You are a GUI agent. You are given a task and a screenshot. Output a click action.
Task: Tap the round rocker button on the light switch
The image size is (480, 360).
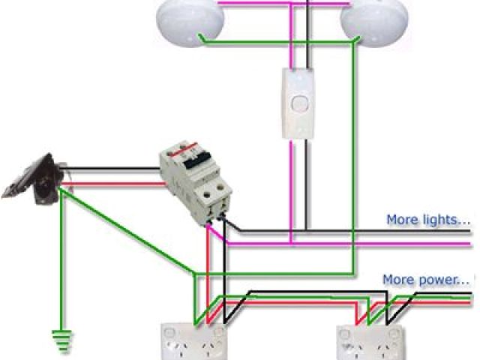(x=298, y=103)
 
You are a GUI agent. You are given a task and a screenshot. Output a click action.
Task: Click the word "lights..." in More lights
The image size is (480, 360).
(x=445, y=220)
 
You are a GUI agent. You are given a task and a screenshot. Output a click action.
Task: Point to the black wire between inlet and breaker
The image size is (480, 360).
(x=112, y=167)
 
